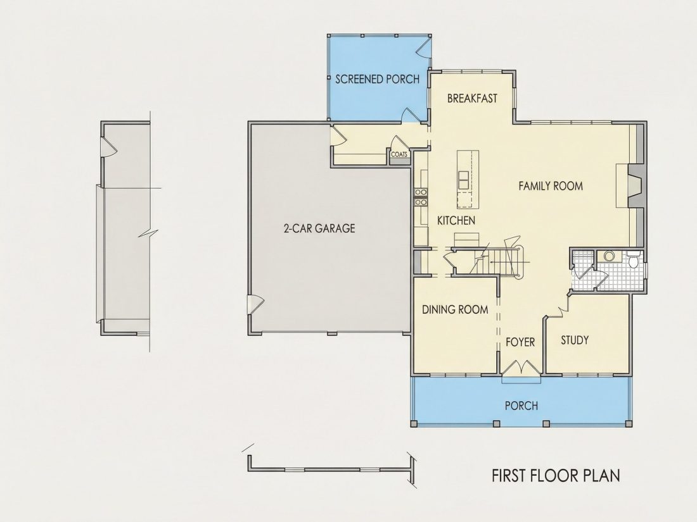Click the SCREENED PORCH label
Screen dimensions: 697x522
(x=378, y=80)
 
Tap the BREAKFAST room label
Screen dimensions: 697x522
(x=472, y=98)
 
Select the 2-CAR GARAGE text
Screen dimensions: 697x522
(x=319, y=228)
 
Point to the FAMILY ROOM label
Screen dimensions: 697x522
(x=551, y=186)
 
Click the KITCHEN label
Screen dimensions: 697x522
(x=456, y=221)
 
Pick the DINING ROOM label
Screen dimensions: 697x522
(x=455, y=309)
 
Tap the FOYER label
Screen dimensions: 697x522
(x=520, y=342)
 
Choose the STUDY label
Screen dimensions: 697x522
(x=575, y=340)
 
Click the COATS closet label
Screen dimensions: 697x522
(x=399, y=155)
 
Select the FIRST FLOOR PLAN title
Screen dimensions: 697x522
(x=556, y=475)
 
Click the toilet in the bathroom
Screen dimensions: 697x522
(x=633, y=259)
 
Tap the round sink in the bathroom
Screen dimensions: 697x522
(x=609, y=256)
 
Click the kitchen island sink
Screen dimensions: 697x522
(x=463, y=180)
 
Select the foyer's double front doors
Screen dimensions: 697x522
(x=520, y=368)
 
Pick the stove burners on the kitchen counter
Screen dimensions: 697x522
(x=421, y=197)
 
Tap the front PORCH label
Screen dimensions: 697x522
(x=521, y=406)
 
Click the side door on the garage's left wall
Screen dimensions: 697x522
(x=255, y=304)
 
